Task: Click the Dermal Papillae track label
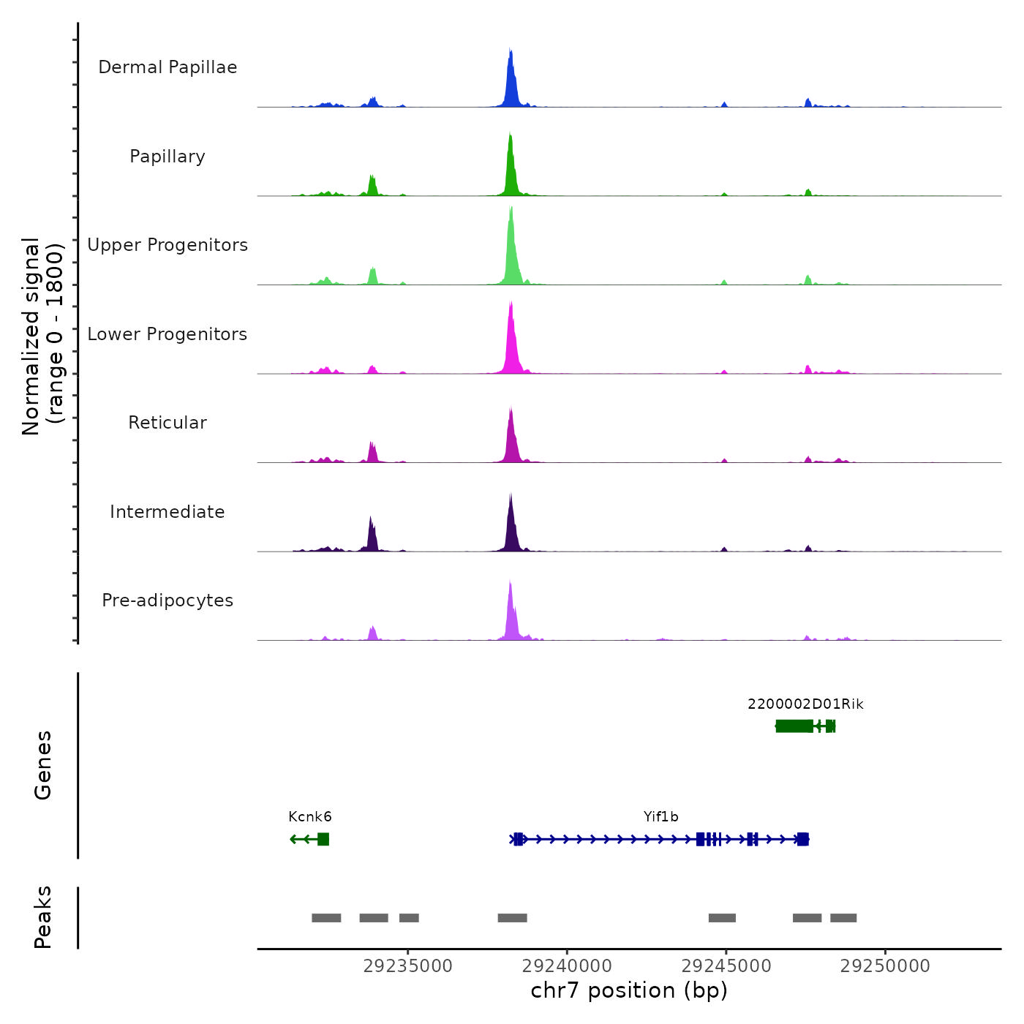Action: point(167,67)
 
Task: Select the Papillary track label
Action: point(167,157)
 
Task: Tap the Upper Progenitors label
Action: point(167,245)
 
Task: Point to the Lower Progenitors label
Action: point(167,334)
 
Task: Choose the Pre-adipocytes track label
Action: point(167,601)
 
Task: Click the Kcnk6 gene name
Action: point(310,817)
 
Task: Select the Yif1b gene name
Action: point(661,817)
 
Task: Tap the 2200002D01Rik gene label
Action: point(805,704)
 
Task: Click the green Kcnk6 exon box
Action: point(323,839)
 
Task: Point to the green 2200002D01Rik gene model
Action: point(795,726)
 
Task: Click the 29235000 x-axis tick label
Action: point(408,966)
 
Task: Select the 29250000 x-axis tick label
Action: point(885,966)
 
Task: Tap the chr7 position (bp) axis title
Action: point(629,991)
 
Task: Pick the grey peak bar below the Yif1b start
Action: point(512,918)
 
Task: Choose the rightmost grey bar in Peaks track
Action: point(843,918)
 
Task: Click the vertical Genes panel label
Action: point(43,765)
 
